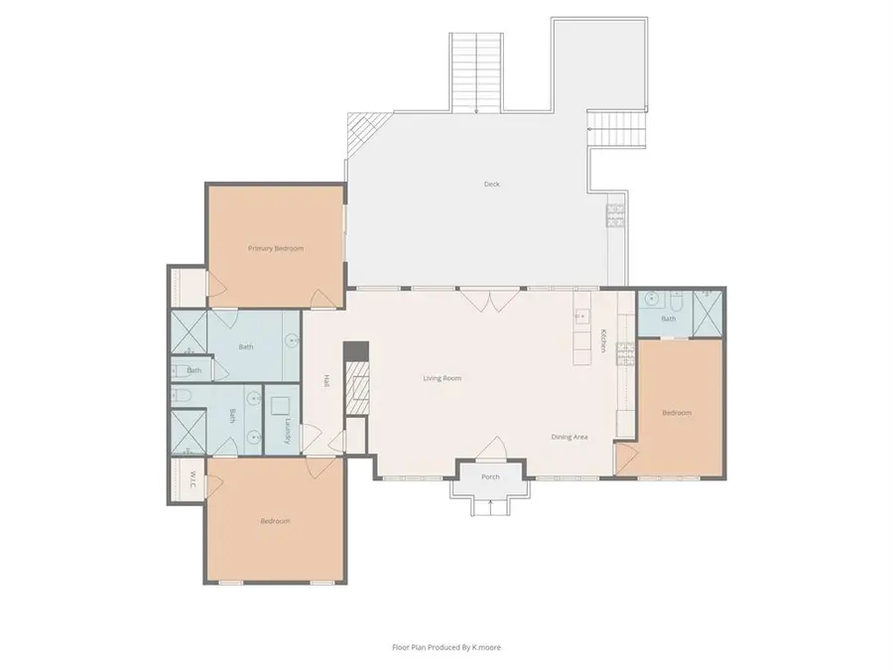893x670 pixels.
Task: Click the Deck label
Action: point(491,184)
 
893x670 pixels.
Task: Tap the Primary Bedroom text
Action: point(276,248)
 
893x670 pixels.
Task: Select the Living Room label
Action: point(442,378)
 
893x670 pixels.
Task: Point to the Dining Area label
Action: point(569,437)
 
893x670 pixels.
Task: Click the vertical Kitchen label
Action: point(602,340)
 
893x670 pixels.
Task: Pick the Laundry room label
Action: point(288,431)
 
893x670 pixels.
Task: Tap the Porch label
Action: point(490,476)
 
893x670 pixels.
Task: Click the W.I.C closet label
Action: point(193,479)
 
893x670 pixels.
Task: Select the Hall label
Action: point(326,381)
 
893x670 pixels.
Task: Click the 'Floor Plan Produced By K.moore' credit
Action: point(446,647)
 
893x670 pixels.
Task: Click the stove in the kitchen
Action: point(625,353)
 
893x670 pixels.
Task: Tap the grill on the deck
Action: point(615,215)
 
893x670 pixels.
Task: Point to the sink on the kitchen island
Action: point(581,315)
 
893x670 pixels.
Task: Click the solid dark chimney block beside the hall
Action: point(356,351)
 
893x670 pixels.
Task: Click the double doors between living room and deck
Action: point(490,300)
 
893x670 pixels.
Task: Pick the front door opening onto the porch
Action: point(491,449)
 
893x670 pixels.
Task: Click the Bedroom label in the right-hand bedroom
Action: point(677,413)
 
